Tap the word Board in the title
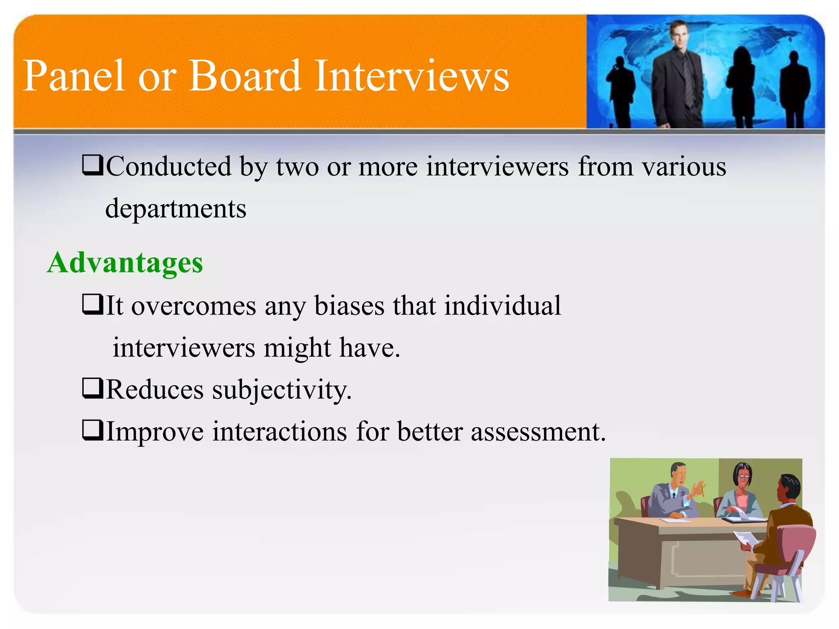[x=244, y=76]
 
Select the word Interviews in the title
[x=411, y=76]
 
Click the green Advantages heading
[x=125, y=262]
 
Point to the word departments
[x=176, y=209]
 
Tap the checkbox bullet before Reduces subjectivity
[x=93, y=388]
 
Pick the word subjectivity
[x=282, y=390]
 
